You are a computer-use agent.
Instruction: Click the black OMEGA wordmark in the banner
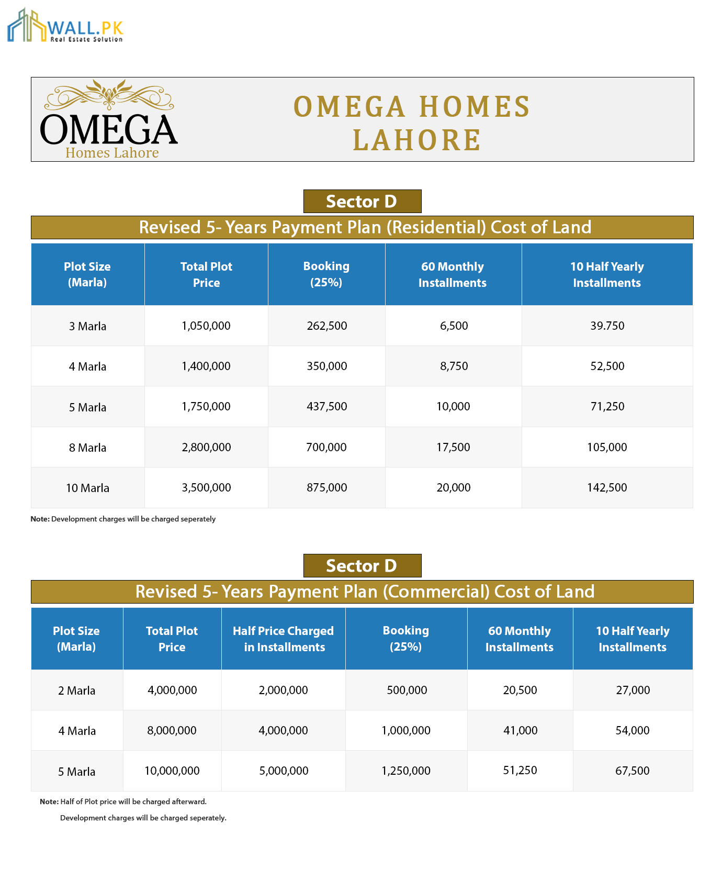pyautogui.click(x=109, y=130)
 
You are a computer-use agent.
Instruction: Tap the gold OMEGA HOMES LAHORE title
pyautogui.click(x=413, y=123)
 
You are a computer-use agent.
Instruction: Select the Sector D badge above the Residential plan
pyautogui.click(x=362, y=202)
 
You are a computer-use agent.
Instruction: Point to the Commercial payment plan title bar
pyautogui.click(x=362, y=592)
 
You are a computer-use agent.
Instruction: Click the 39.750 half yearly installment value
pyautogui.click(x=607, y=326)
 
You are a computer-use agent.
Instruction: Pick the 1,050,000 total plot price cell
pyautogui.click(x=206, y=326)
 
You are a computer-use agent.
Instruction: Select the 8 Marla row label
pyautogui.click(x=87, y=448)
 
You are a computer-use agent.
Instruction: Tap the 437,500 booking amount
pyautogui.click(x=326, y=406)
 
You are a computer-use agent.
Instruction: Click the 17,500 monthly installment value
pyautogui.click(x=453, y=447)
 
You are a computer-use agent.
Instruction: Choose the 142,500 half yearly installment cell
pyautogui.click(x=607, y=487)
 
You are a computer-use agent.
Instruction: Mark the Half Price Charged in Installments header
pyautogui.click(x=284, y=639)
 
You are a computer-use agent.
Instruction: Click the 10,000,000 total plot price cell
pyautogui.click(x=172, y=771)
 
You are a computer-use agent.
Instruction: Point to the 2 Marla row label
pyautogui.click(x=77, y=690)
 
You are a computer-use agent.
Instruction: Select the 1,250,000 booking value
pyautogui.click(x=406, y=771)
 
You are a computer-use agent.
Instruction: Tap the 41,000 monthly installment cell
pyautogui.click(x=520, y=730)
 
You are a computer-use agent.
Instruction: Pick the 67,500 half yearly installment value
pyautogui.click(x=633, y=771)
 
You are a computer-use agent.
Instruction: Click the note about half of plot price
pyautogui.click(x=123, y=801)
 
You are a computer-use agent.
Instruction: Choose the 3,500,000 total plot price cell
pyautogui.click(x=206, y=487)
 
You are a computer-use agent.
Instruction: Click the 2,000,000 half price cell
pyautogui.click(x=284, y=690)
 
